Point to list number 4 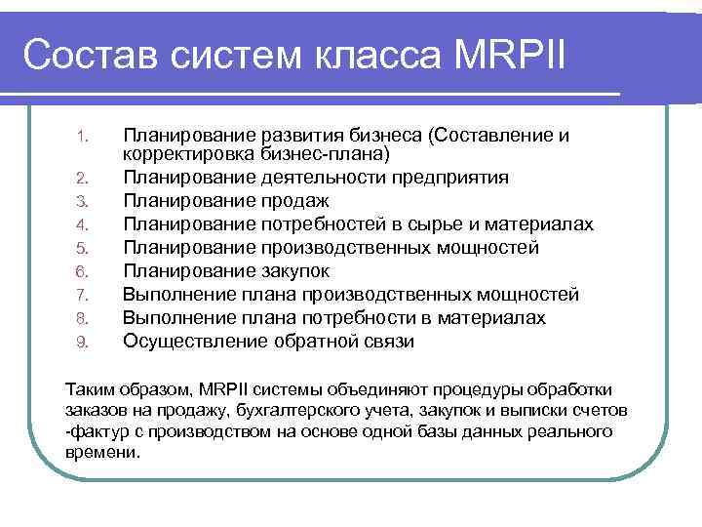pos(83,224)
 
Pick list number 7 pos(83,295)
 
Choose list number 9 pos(83,342)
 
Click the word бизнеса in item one pos(386,134)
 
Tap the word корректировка pos(189,153)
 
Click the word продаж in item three pos(294,201)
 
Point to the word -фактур pos(95,431)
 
